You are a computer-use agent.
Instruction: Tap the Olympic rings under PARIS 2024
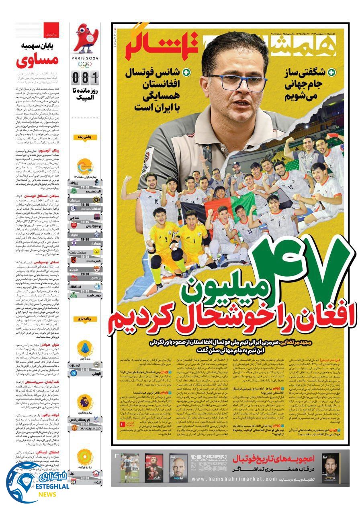(85, 64)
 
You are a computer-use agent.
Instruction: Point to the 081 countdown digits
(85, 76)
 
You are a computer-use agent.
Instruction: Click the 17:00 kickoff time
(85, 187)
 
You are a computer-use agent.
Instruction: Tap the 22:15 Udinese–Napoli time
(85, 370)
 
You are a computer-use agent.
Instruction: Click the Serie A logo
(85, 347)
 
